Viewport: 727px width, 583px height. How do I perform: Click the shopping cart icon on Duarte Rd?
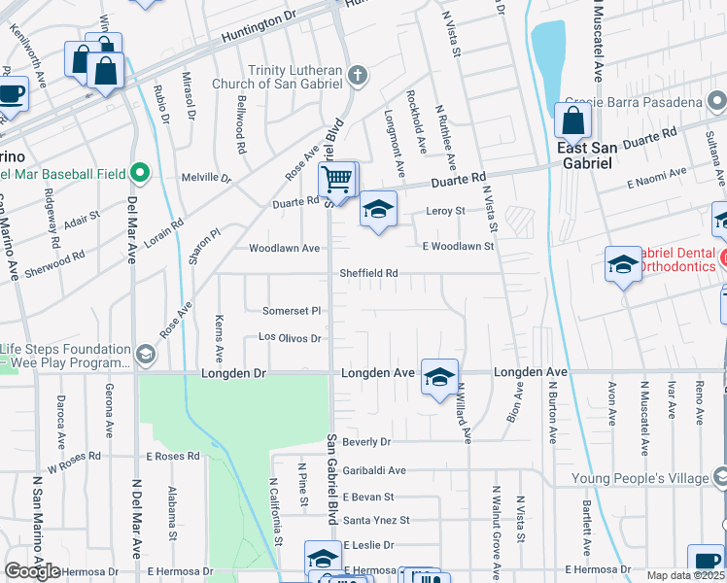[336, 178]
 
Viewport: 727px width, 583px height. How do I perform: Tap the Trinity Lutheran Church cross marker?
[359, 75]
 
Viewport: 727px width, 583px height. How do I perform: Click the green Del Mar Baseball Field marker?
[140, 174]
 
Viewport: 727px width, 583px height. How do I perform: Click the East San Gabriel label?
[586, 155]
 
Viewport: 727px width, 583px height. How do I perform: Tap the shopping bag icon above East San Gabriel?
[573, 120]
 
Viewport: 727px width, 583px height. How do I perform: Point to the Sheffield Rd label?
[368, 273]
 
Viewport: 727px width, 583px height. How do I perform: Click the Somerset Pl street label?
[292, 311]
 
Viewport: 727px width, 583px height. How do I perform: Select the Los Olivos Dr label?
[290, 338]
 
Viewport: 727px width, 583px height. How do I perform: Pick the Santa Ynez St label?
[376, 520]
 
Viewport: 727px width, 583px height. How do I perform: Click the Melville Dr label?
[206, 178]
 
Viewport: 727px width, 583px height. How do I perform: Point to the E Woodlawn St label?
[458, 247]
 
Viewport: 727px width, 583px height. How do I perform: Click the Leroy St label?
[446, 211]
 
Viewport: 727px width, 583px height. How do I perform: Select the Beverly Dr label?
[365, 441]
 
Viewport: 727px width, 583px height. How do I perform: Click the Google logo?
[32, 571]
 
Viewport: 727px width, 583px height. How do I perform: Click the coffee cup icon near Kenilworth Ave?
[12, 94]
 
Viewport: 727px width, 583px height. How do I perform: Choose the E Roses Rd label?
[172, 456]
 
